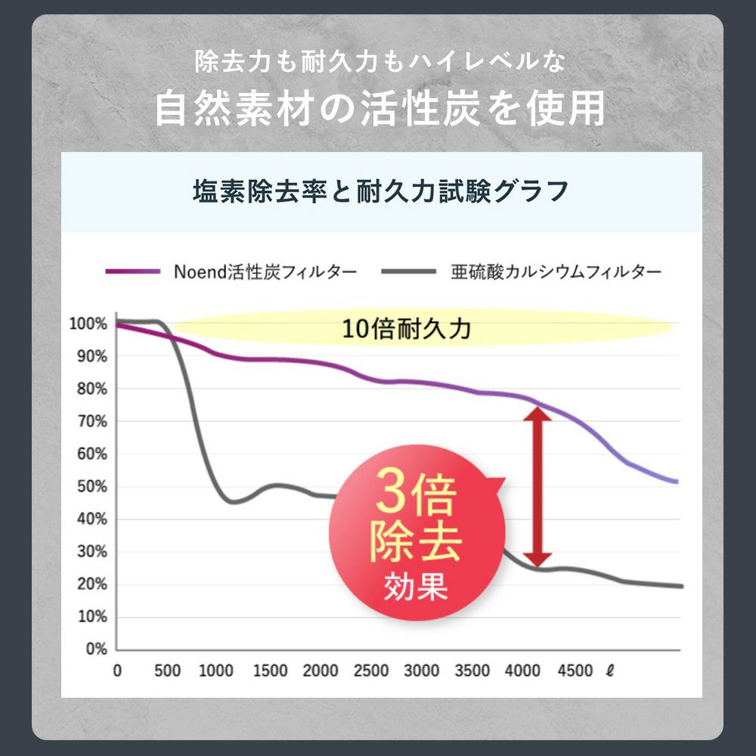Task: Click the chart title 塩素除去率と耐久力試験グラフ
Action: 380,192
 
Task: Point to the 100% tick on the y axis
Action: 88,324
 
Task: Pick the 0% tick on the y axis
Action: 95,649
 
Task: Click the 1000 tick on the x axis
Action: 217,671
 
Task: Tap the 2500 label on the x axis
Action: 370,671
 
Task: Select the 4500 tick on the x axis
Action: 575,671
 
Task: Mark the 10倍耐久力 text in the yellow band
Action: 407,329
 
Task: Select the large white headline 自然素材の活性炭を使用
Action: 380,108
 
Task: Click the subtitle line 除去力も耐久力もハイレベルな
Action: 380,62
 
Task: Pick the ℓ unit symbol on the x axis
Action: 609,671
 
